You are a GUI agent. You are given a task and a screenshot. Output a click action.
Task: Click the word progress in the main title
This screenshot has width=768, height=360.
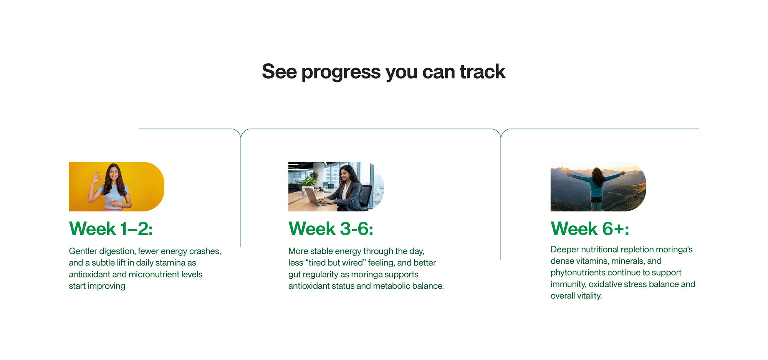pyautogui.click(x=341, y=72)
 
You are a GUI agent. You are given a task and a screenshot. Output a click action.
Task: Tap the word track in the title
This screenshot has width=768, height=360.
pyautogui.click(x=483, y=72)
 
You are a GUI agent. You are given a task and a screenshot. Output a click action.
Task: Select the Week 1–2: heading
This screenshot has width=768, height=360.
pyautogui.click(x=111, y=229)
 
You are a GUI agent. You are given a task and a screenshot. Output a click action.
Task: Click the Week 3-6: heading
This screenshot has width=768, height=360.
pyautogui.click(x=331, y=229)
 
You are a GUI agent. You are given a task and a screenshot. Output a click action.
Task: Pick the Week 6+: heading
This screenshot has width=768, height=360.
pyautogui.click(x=590, y=229)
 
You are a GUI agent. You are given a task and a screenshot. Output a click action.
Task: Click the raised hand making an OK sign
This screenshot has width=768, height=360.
pyautogui.click(x=96, y=177)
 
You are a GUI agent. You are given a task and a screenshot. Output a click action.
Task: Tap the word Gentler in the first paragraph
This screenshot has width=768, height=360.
pyautogui.click(x=83, y=251)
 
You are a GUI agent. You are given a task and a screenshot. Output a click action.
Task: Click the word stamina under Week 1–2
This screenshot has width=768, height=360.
pyautogui.click(x=170, y=263)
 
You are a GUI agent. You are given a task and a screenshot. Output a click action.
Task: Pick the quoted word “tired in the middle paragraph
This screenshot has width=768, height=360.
pyautogui.click(x=315, y=263)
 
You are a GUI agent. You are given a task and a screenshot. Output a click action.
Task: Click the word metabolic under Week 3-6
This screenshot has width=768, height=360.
pyautogui.click(x=390, y=286)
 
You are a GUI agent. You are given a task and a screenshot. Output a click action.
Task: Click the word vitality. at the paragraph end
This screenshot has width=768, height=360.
pyautogui.click(x=589, y=296)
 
